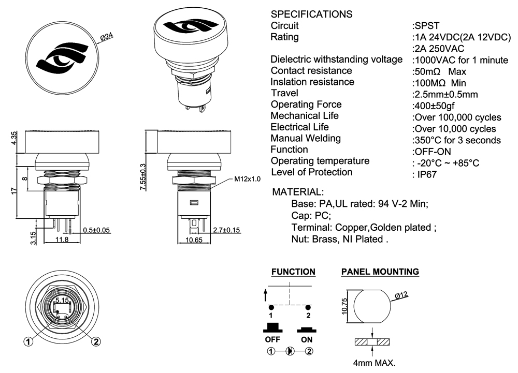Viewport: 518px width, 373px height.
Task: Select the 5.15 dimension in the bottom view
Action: point(62,300)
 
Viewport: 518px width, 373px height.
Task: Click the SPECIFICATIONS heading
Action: point(312,14)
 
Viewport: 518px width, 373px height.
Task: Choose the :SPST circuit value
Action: point(425,25)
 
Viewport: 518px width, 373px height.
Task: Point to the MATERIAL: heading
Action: point(298,192)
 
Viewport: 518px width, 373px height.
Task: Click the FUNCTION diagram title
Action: point(293,272)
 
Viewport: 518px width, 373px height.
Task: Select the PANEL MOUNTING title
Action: point(380,272)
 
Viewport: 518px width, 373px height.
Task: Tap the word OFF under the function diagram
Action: point(272,340)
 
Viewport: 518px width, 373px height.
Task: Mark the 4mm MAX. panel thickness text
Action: point(373,363)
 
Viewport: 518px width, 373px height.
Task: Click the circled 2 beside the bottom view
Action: point(96,341)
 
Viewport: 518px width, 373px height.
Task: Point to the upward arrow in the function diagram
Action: point(266,295)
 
